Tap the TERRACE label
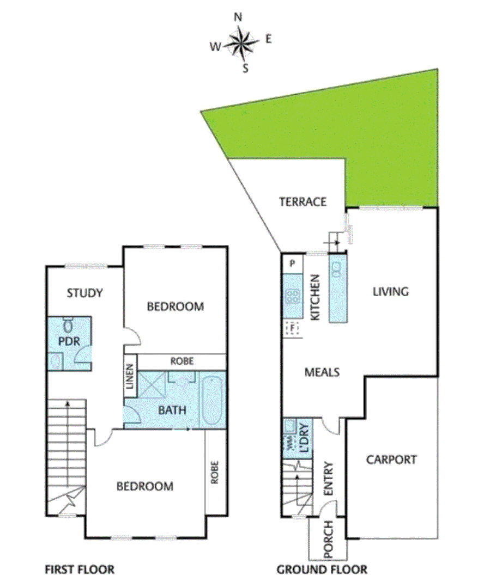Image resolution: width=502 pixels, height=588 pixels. [x=303, y=202]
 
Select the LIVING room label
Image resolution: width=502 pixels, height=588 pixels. [x=390, y=291]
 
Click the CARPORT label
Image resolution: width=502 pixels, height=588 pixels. [x=391, y=460]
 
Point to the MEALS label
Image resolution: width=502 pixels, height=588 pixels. [x=322, y=372]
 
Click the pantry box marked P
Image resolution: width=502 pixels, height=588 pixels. [x=293, y=264]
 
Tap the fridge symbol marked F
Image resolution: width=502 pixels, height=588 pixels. [x=293, y=328]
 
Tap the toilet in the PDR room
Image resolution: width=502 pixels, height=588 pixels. [x=69, y=326]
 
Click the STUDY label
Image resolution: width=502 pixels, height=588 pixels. [x=84, y=293]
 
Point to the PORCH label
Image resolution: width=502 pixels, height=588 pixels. [x=328, y=540]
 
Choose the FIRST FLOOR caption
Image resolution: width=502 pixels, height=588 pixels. [x=80, y=570]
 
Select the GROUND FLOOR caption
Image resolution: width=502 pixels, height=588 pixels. [x=322, y=570]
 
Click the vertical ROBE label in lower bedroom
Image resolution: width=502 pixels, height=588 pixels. [x=215, y=473]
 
